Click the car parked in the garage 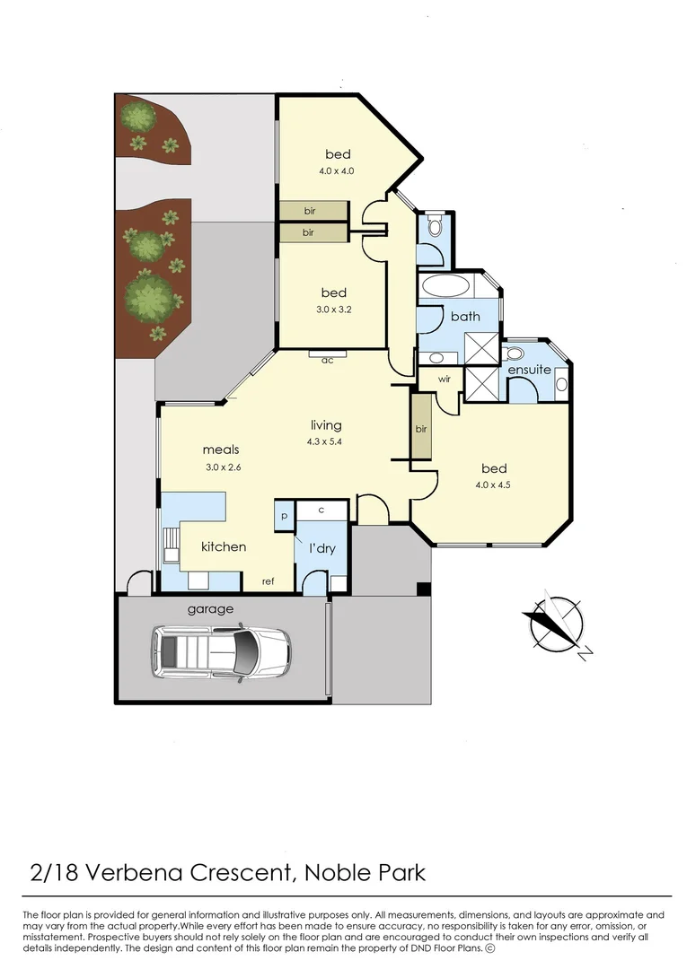coord(220,651)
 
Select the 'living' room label coord(326,425)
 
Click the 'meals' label coord(221,450)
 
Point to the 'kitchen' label coord(223,546)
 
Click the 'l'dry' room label coord(321,547)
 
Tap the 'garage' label coord(210,609)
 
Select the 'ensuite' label coord(529,370)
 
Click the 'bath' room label coord(465,316)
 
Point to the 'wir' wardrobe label coord(444,380)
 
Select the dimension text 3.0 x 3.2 coord(333,310)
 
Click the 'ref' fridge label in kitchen coord(268,581)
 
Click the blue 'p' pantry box coord(285,517)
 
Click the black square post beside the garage coord(424,589)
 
